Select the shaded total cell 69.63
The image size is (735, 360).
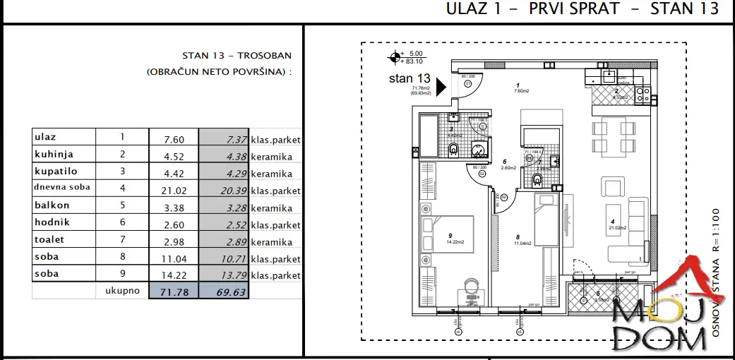click(x=225, y=291)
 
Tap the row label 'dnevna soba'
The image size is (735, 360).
click(x=62, y=188)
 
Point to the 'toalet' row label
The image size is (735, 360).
click(x=49, y=239)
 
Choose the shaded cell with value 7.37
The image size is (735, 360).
click(x=225, y=140)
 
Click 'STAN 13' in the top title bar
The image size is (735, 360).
click(x=684, y=9)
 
